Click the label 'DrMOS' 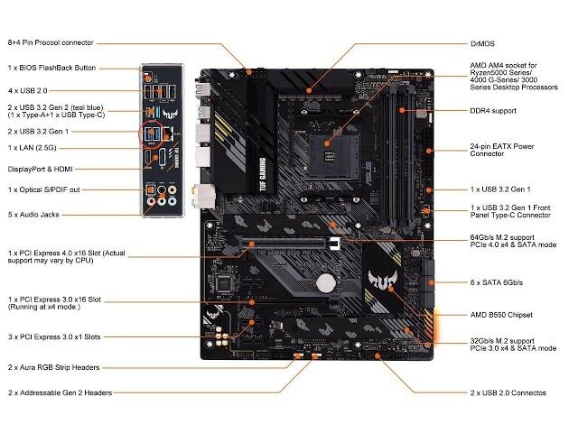(x=482, y=44)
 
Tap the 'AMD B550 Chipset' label (x=501, y=315)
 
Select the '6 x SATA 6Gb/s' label (x=497, y=282)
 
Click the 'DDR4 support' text (x=493, y=111)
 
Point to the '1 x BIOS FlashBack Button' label (x=51, y=68)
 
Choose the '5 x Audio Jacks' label (x=33, y=215)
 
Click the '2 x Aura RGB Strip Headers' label (x=54, y=367)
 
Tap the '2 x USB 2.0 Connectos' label (x=508, y=393)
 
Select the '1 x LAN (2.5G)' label (x=33, y=148)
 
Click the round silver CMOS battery (x=326, y=283)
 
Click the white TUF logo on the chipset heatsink (x=382, y=279)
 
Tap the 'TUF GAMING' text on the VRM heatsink (x=263, y=174)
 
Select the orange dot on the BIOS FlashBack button (x=148, y=78)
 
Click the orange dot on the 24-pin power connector (x=429, y=151)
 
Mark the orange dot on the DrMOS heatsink (x=309, y=90)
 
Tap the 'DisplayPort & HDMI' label (x=40, y=170)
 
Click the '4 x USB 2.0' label (x=28, y=90)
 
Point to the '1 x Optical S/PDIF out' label (x=44, y=190)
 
